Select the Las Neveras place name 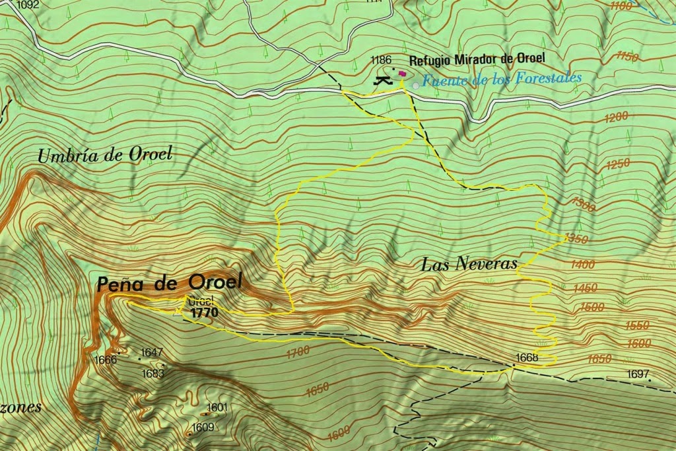click(x=469, y=265)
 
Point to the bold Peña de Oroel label click(x=169, y=284)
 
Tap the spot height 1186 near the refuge click(x=382, y=60)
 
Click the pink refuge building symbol click(x=402, y=74)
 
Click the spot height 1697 click(x=638, y=374)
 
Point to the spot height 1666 click(x=106, y=360)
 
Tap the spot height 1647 click(x=152, y=353)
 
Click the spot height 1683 click(x=153, y=374)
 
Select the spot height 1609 click(x=203, y=427)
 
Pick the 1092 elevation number click(x=28, y=5)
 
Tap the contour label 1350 click(x=576, y=239)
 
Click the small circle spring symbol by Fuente click(x=415, y=85)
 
